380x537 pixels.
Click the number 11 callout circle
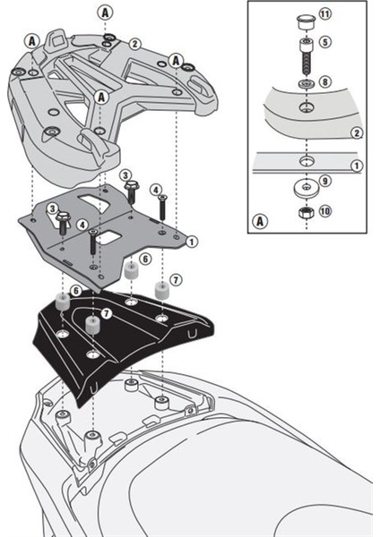pyautogui.click(x=324, y=14)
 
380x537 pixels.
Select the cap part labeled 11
pyautogui.click(x=306, y=21)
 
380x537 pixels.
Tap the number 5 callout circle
pyautogui.click(x=324, y=42)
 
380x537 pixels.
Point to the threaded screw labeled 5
pyautogui.click(x=306, y=56)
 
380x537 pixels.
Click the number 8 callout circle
pyautogui.click(x=324, y=81)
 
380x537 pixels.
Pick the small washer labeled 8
pyautogui.click(x=306, y=83)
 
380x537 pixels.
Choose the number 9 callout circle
pyautogui.click(x=325, y=180)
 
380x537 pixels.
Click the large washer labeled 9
pyautogui.click(x=306, y=188)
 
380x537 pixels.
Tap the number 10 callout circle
pyautogui.click(x=324, y=210)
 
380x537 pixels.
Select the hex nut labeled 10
pyautogui.click(x=306, y=213)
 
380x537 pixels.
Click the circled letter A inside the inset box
pyautogui.click(x=260, y=221)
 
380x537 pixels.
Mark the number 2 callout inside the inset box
pyautogui.click(x=357, y=132)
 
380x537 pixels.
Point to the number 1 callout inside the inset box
pyautogui.click(x=357, y=166)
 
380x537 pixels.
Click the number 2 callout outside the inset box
pyautogui.click(x=135, y=44)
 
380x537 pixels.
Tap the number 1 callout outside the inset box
pyautogui.click(x=192, y=242)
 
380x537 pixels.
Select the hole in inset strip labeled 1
pyautogui.click(x=306, y=160)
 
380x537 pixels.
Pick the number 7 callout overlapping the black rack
pyautogui.click(x=107, y=313)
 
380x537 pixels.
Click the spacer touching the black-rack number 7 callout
pyautogui.click(x=92, y=325)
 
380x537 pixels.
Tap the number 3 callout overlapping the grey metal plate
pyautogui.click(x=53, y=209)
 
